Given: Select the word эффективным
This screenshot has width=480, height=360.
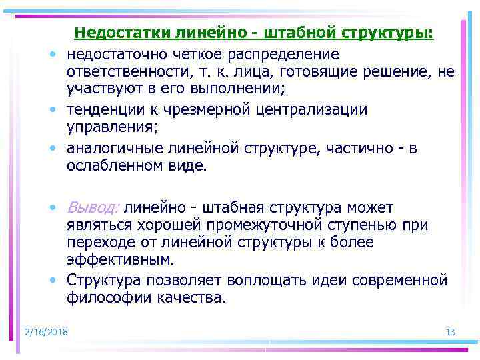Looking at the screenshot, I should (110, 259).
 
